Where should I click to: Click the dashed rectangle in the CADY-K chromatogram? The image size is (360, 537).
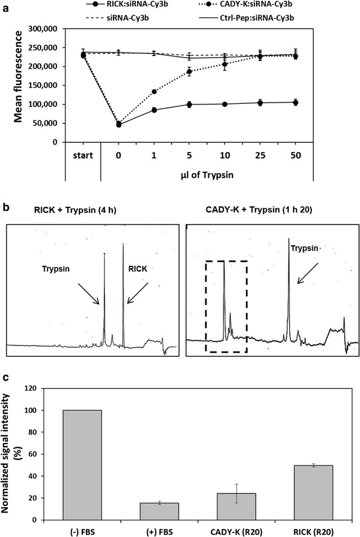[x=226, y=306]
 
